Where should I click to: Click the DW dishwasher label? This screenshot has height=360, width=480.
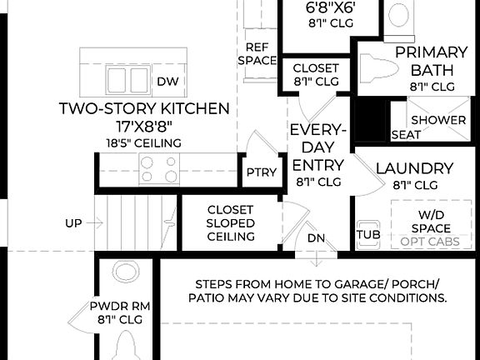167,82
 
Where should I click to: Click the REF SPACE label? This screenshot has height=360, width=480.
257,53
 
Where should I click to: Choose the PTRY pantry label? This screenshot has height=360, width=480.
256,172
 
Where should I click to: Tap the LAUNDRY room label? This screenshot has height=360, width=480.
414,168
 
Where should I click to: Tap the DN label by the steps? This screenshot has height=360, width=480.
317,237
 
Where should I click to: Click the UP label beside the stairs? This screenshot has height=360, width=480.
73,223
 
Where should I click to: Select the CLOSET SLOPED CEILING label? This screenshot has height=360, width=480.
230,223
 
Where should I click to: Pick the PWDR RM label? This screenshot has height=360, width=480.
121,311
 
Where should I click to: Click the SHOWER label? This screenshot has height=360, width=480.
438,120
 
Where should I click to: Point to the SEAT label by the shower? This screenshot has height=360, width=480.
406,134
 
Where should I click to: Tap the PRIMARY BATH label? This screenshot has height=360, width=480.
432,68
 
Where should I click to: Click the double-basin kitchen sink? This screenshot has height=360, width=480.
128,80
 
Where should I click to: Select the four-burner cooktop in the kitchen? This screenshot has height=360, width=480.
159,169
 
